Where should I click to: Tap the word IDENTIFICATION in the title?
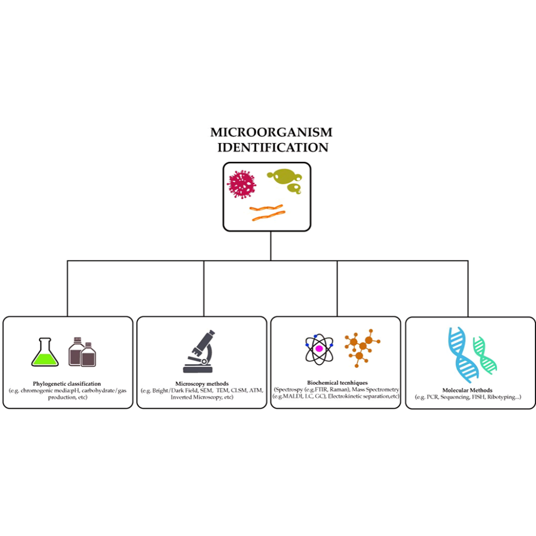[x=273, y=147]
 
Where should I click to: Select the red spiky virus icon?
[x=241, y=184]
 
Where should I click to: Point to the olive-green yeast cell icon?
[x=285, y=180]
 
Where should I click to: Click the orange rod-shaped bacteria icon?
[x=266, y=213]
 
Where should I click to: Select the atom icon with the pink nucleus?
[x=319, y=349]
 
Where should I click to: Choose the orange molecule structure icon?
[x=362, y=349]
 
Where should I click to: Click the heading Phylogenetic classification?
[x=67, y=384]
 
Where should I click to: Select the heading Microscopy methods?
[x=202, y=384]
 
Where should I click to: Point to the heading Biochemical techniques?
[x=336, y=382]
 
